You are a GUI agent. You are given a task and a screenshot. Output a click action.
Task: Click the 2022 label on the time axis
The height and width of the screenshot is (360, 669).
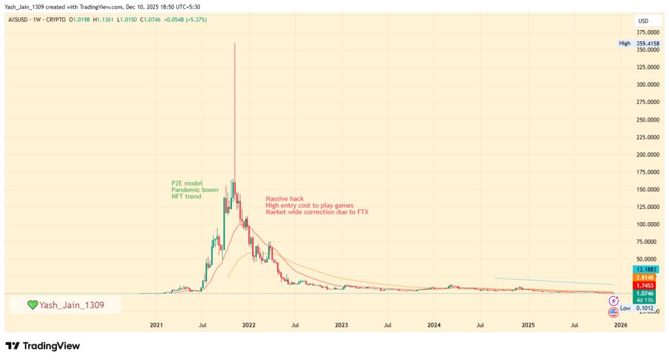[248, 325]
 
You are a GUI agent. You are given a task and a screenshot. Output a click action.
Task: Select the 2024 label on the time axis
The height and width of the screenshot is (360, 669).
[434, 325]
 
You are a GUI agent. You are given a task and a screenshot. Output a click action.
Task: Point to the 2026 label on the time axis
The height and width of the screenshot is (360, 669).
[621, 325]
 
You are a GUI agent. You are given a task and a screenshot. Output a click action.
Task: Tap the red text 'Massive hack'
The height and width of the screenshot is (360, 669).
[284, 199]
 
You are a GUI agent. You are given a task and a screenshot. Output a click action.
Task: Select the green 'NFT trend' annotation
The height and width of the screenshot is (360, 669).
[187, 197]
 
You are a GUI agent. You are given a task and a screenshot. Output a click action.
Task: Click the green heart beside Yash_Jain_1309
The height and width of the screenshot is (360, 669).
[32, 305]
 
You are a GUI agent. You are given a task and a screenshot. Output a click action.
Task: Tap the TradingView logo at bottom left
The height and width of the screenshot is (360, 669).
[42, 346]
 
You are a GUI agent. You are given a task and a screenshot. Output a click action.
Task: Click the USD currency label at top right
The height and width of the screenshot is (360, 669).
[644, 22]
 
